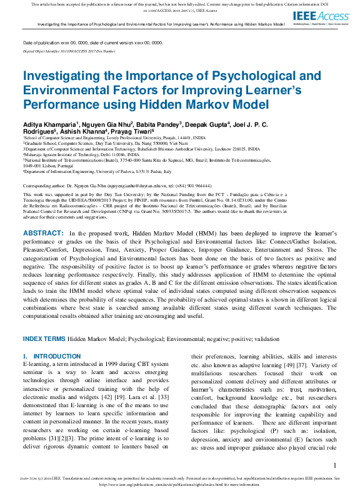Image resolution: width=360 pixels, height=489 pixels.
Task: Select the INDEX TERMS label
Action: click(44, 338)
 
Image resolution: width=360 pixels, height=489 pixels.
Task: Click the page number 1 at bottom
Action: click(335, 465)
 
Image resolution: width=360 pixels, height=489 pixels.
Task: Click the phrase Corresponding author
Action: click(45, 187)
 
